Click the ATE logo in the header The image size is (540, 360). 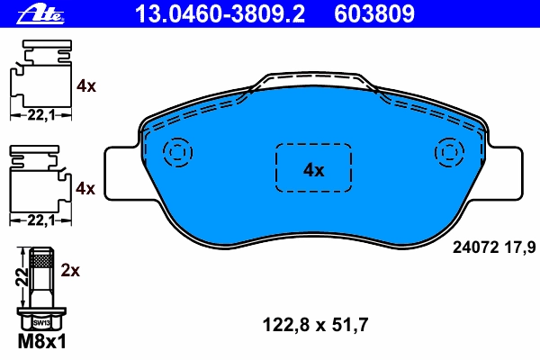click(x=40, y=15)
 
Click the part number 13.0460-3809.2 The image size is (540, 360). click(x=220, y=14)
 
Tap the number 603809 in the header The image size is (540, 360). click(x=374, y=14)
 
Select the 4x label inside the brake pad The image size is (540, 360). click(x=313, y=170)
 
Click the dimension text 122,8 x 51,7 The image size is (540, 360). click(x=315, y=325)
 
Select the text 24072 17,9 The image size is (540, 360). click(x=494, y=247)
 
